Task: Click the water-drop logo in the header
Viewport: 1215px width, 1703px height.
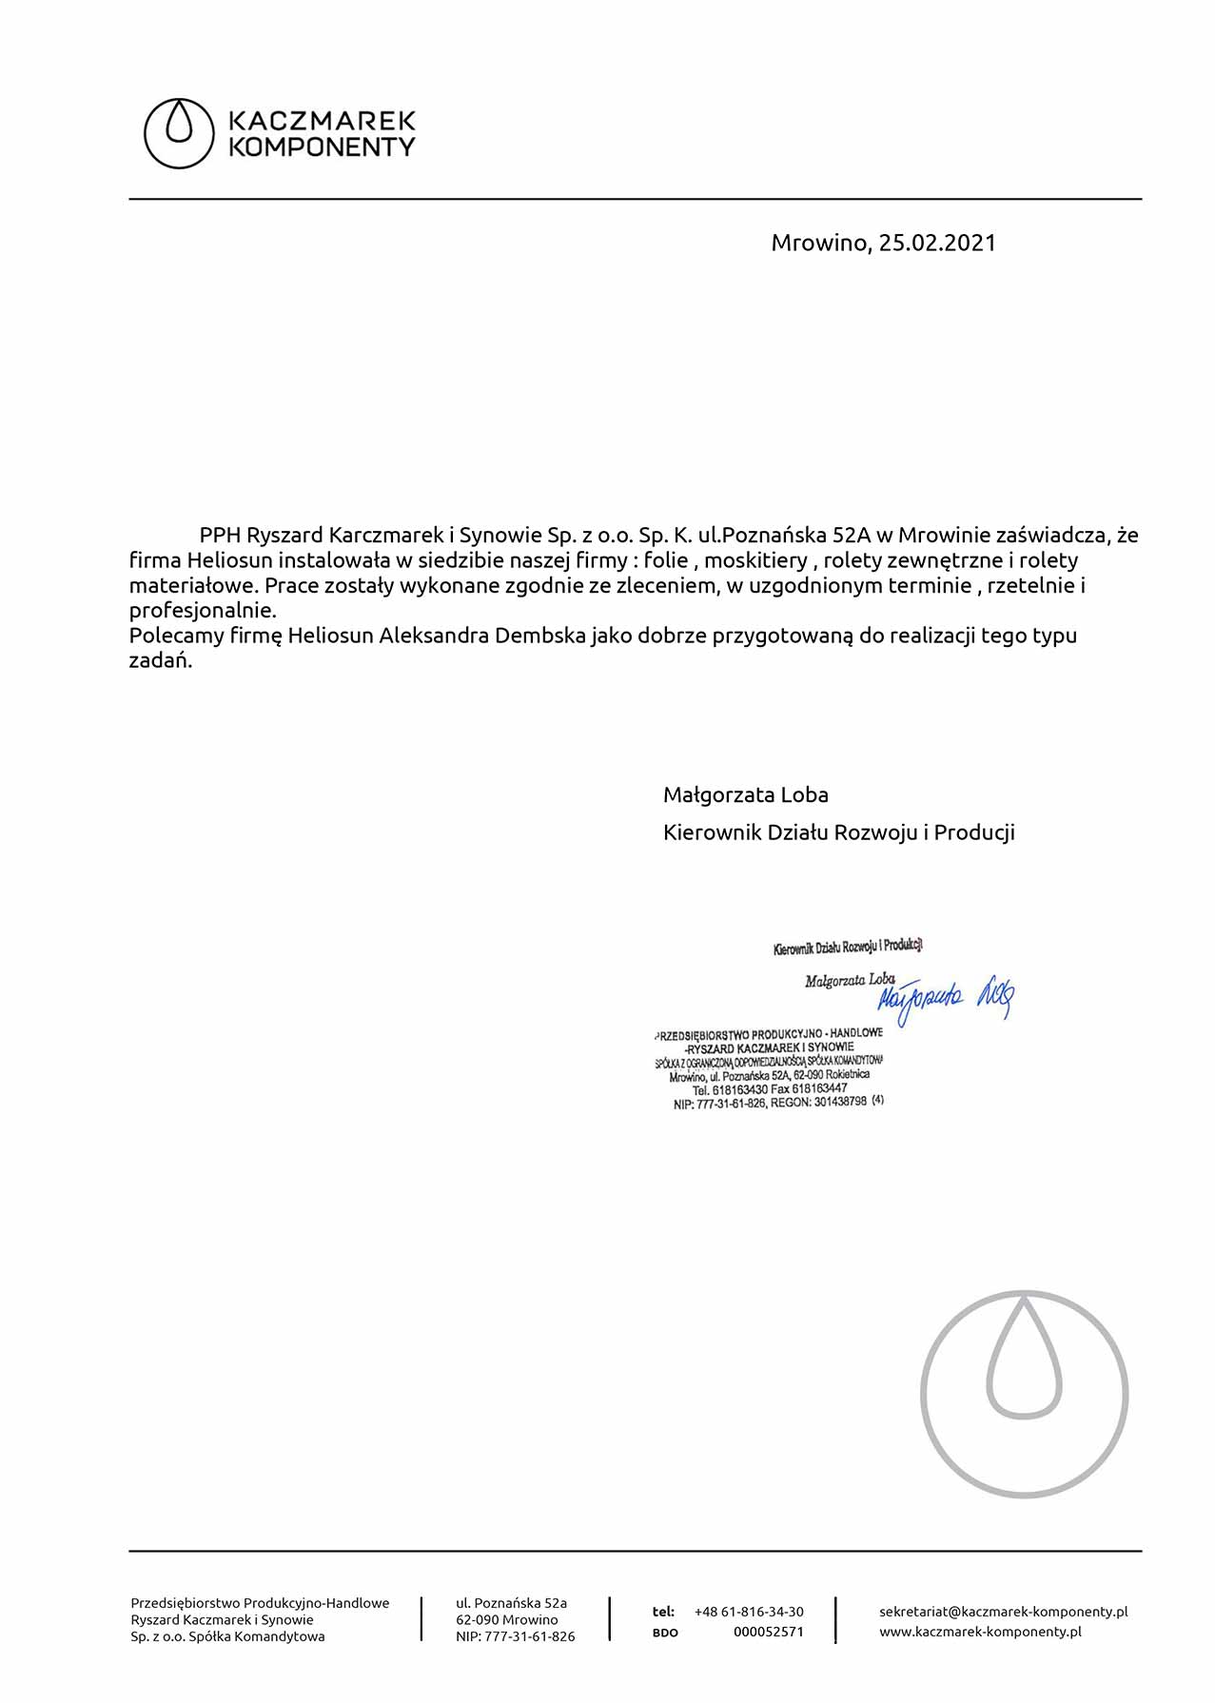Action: tap(179, 133)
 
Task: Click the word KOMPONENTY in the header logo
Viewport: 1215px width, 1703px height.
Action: tap(322, 147)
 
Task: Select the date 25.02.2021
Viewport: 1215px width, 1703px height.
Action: tap(936, 243)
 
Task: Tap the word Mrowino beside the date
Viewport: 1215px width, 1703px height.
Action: tap(819, 243)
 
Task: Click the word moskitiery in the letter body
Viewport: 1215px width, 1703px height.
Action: tap(755, 560)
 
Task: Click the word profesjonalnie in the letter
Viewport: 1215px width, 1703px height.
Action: tap(203, 611)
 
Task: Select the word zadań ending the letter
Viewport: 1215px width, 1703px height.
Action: tap(160, 660)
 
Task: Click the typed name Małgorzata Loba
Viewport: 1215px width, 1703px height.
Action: tap(745, 794)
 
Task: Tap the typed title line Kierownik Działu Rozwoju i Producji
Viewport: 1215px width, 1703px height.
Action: tap(838, 832)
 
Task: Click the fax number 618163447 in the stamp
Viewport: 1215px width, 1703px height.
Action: tap(819, 1088)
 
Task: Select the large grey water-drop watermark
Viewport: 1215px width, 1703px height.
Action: tap(1024, 1394)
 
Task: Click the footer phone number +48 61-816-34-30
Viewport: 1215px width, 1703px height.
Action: tap(749, 1612)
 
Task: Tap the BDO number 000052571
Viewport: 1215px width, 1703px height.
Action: tap(768, 1632)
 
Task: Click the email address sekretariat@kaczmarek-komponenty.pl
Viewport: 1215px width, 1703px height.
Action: tap(1003, 1612)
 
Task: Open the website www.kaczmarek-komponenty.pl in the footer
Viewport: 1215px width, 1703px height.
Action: tap(980, 1632)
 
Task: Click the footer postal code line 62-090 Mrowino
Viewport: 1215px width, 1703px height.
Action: tap(506, 1619)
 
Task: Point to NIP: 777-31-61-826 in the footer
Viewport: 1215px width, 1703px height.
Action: tap(515, 1636)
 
